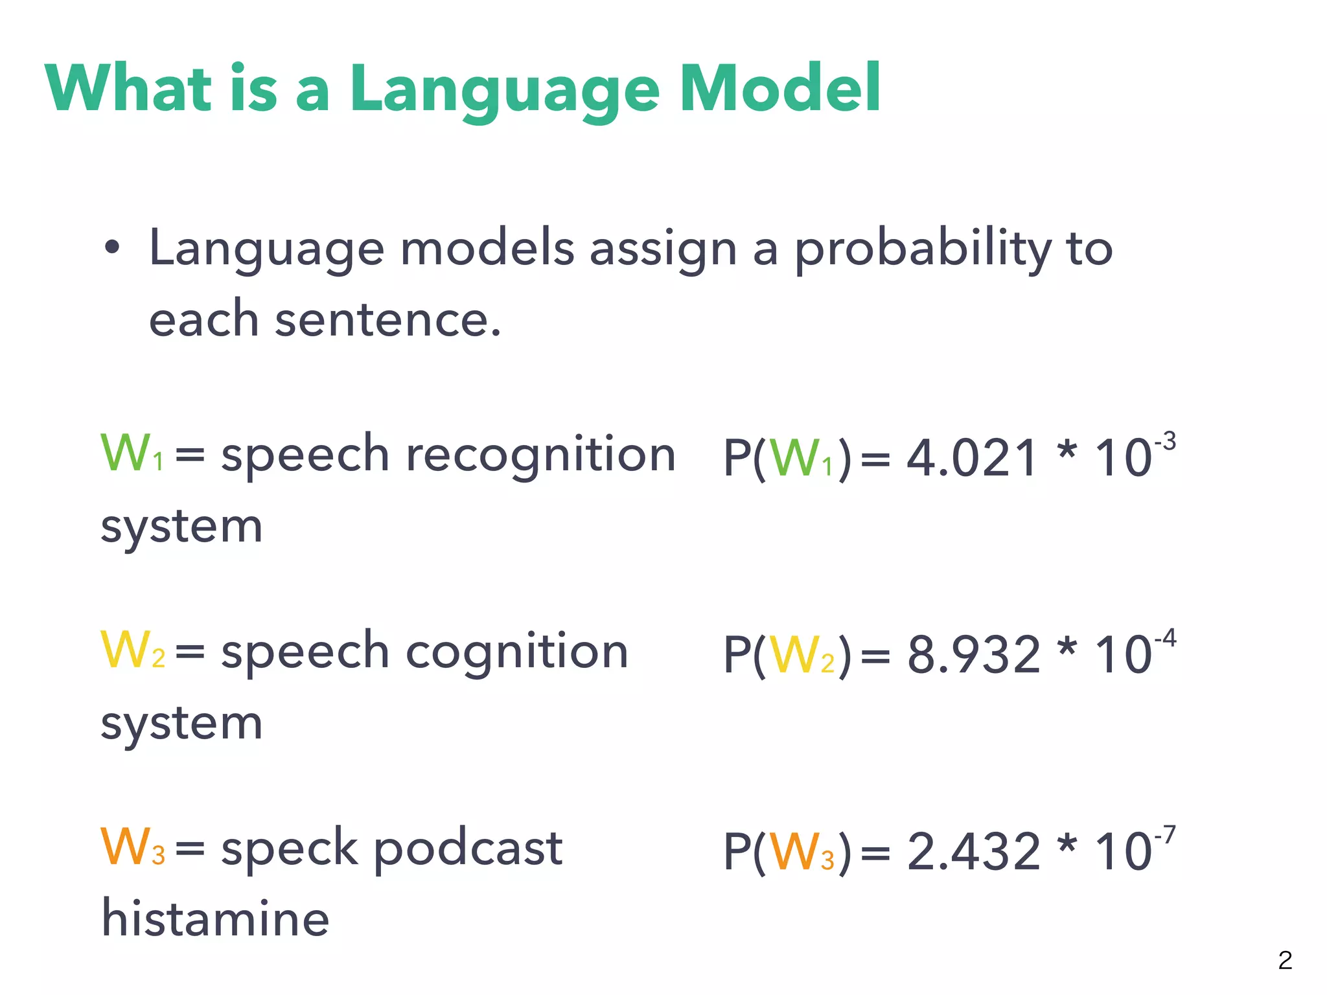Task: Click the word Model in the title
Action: [779, 88]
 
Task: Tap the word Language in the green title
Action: [505, 91]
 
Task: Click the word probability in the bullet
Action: [923, 249]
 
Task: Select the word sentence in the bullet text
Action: [387, 320]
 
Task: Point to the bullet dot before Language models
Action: [112, 247]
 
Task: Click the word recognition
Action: [540, 455]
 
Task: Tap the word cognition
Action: [516, 652]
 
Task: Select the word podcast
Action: [468, 849]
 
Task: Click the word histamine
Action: [216, 919]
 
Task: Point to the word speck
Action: [289, 849]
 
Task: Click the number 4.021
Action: [972, 459]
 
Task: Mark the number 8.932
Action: [973, 655]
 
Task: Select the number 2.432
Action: [973, 852]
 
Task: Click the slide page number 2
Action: [1285, 960]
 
